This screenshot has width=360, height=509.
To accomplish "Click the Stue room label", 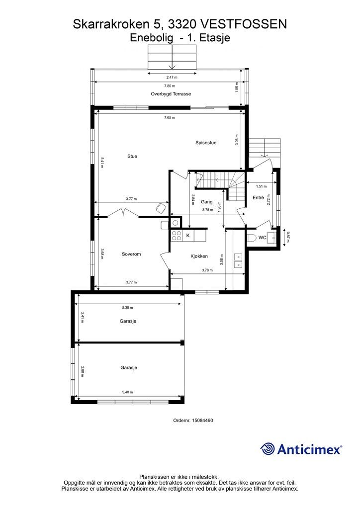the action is point(132,156).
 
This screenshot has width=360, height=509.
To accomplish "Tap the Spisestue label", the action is point(206,143).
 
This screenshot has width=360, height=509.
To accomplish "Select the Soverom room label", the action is point(131,254).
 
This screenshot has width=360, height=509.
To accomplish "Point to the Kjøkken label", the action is point(199,256).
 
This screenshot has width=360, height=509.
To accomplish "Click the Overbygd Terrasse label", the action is point(171,94).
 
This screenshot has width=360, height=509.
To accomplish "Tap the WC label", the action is point(262,238).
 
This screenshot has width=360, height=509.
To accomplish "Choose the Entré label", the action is point(259,197).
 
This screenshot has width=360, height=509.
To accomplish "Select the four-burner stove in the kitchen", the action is point(177,236).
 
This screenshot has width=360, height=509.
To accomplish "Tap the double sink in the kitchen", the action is point(238,260).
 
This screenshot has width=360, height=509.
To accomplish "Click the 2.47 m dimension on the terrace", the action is point(172,77).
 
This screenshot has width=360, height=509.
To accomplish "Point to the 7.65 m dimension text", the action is point(169,117).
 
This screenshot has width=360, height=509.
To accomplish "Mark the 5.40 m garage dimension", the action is point(128,392).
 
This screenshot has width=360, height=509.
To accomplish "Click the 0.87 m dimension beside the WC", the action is point(287,237).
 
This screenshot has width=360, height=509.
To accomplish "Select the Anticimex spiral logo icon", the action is point(268,449).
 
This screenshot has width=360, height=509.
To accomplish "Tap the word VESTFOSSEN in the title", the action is point(244,24).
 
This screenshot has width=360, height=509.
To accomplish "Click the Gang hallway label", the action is point(206,202).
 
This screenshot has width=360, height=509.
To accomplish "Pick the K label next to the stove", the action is point(187,235).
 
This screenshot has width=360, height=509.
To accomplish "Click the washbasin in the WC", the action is point(272,238).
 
